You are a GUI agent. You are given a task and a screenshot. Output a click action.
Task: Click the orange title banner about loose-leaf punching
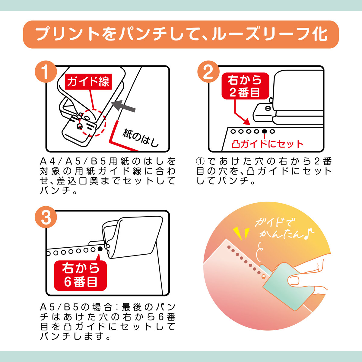181,34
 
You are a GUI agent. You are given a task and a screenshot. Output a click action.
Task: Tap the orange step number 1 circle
46,72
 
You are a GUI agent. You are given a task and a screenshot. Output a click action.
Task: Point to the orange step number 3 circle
46,217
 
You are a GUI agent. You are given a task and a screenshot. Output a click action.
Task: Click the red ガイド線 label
88,81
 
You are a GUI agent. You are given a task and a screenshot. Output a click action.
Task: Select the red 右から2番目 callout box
245,86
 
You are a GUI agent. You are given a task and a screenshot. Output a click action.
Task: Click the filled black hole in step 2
264,132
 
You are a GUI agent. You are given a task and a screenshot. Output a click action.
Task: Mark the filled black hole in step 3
100,249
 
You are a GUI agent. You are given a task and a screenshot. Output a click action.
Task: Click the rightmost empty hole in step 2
272,132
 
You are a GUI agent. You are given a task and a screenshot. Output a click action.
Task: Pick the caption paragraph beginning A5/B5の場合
108,322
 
